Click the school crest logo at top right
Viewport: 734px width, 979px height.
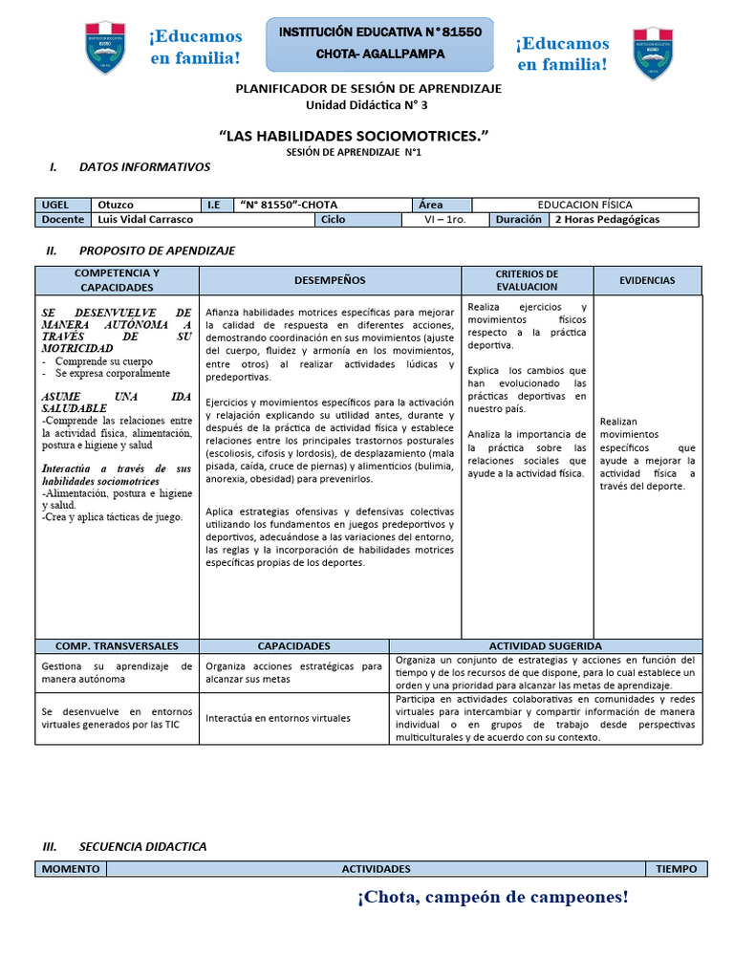click(653, 53)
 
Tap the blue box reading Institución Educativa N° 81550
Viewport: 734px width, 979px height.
click(379, 43)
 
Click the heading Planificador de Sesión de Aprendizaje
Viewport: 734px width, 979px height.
click(368, 88)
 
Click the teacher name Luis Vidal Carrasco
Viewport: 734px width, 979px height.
click(145, 219)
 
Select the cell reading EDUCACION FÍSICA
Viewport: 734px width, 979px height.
click(585, 205)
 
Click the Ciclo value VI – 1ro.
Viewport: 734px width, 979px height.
click(445, 219)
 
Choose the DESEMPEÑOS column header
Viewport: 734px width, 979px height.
click(330, 280)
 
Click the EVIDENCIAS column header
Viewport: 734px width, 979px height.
click(647, 280)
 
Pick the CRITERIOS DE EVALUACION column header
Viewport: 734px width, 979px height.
click(527, 280)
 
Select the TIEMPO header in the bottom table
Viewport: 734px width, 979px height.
click(677, 869)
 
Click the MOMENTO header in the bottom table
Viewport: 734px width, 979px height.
click(71, 869)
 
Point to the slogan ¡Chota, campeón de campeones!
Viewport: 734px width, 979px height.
click(493, 897)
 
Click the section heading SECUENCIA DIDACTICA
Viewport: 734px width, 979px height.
click(142, 846)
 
